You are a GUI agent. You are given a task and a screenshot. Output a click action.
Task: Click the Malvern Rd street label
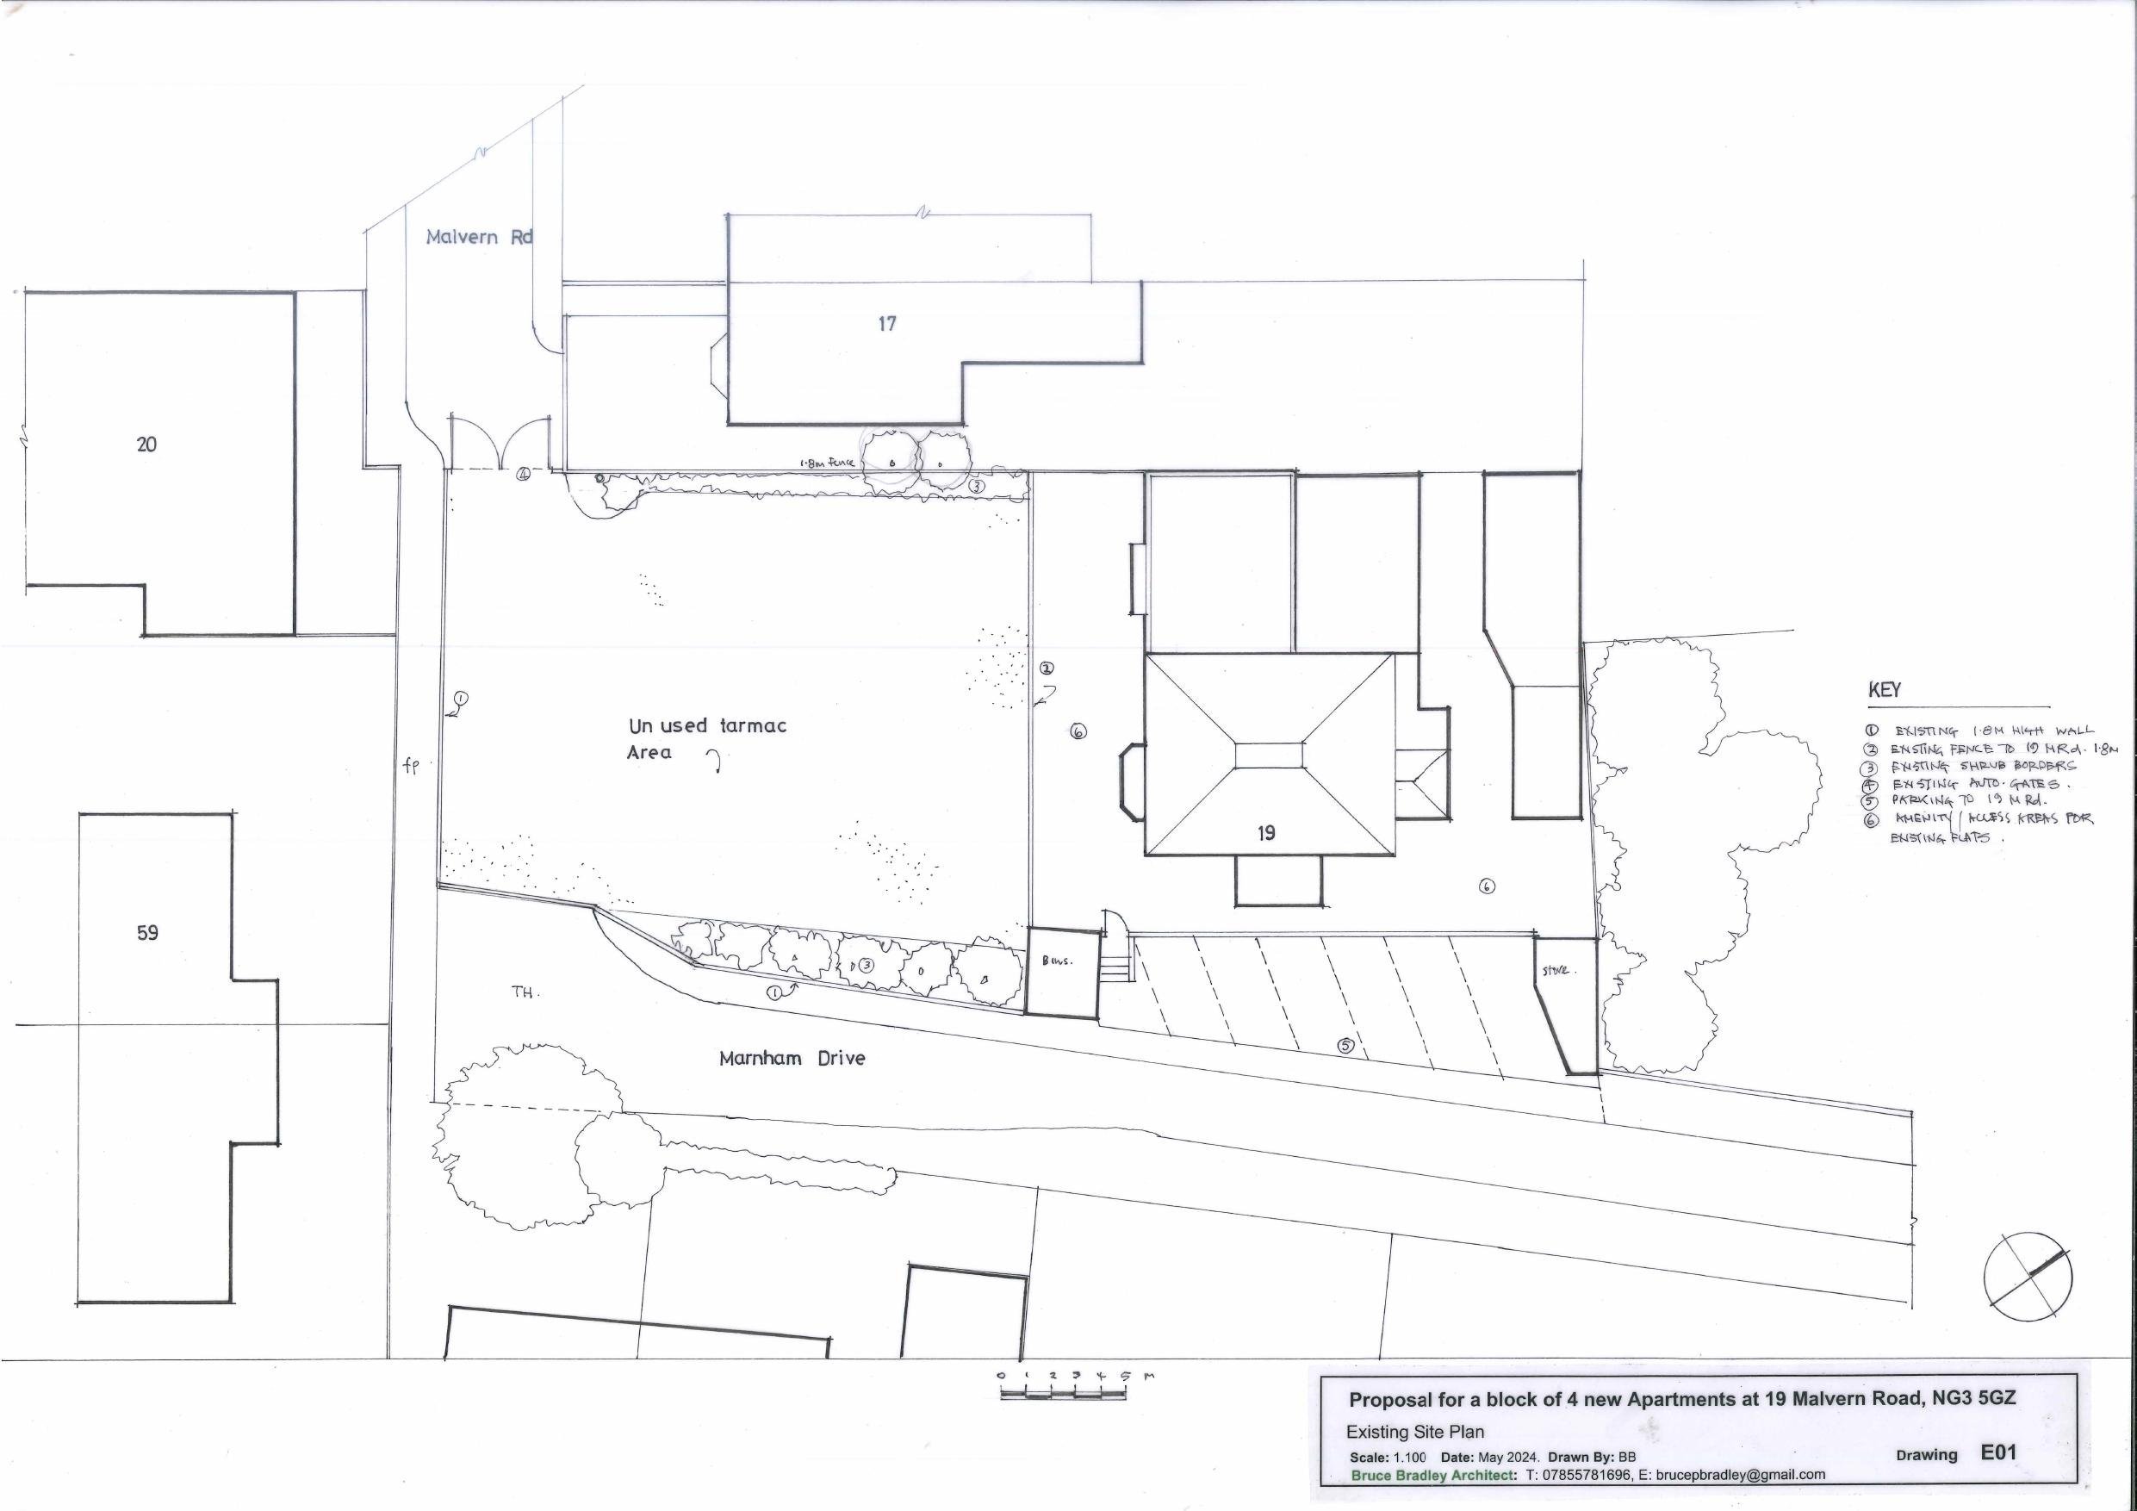click(478, 238)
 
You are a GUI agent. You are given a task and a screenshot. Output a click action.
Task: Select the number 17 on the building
click(887, 324)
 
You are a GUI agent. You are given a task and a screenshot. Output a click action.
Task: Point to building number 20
click(146, 445)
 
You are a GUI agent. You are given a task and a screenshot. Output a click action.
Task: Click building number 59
click(147, 933)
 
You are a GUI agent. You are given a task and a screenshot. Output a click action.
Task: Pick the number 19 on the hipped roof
click(1266, 833)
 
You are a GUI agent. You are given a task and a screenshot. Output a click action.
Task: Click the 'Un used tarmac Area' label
click(706, 738)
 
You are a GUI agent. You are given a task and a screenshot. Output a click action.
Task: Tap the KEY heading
click(1884, 691)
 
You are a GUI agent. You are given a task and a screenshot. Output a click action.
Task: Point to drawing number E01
click(1999, 1452)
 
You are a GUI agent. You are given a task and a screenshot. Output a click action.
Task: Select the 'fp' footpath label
click(412, 765)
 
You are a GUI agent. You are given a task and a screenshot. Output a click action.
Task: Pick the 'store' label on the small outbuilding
click(1556, 971)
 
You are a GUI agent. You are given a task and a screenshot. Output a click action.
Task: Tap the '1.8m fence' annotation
click(827, 462)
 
